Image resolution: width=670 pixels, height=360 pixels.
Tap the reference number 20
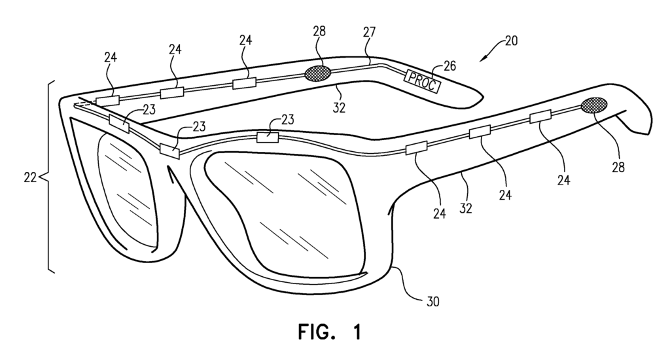click(x=511, y=41)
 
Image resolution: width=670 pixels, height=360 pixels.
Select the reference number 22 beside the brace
click(x=30, y=176)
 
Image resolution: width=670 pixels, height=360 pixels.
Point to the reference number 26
click(x=450, y=65)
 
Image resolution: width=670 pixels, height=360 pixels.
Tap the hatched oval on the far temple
click(x=318, y=72)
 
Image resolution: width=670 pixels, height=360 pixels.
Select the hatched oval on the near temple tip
click(x=593, y=105)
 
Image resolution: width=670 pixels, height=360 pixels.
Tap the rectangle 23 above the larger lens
click(x=268, y=137)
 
